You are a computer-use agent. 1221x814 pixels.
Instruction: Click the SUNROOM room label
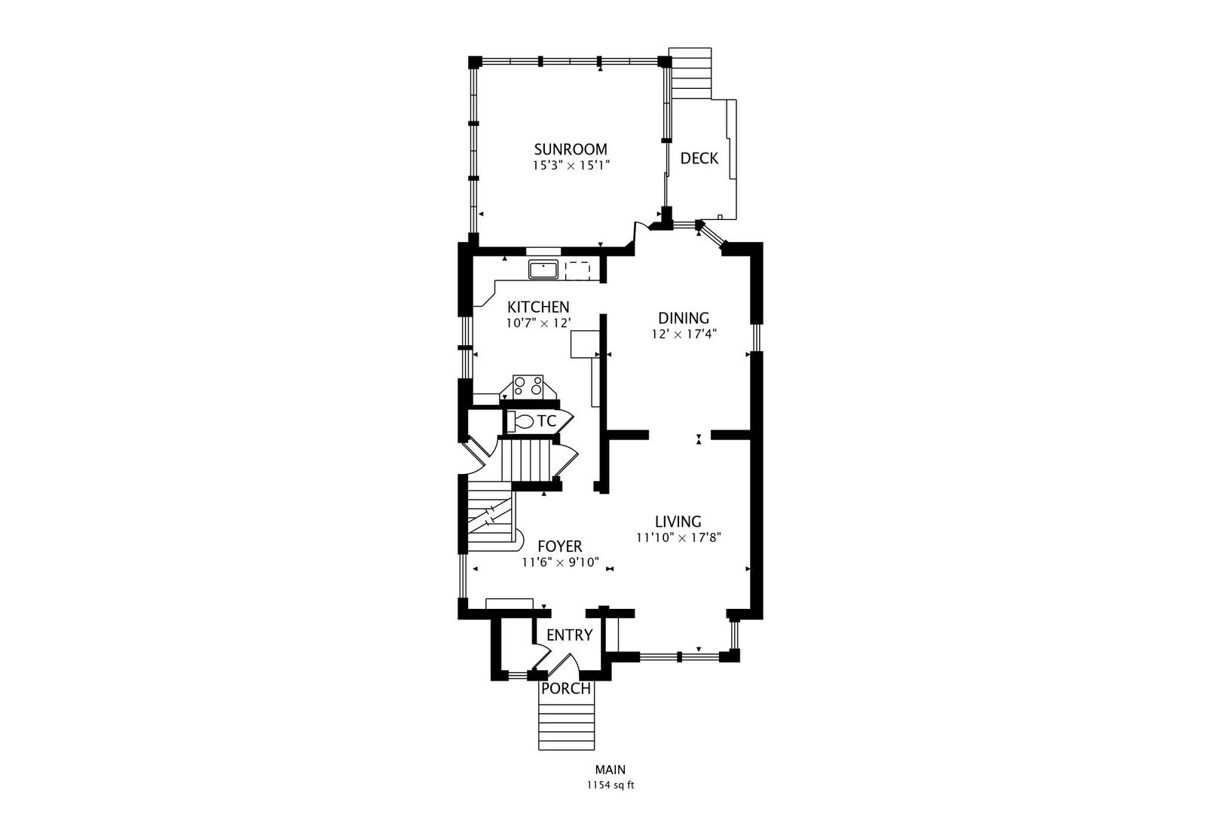pyautogui.click(x=570, y=149)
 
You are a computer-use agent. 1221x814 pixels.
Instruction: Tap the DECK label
pyautogui.click(x=699, y=159)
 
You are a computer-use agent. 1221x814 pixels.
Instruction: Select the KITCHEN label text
pyautogui.click(x=539, y=307)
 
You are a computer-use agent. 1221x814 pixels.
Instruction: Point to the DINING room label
pyautogui.click(x=684, y=318)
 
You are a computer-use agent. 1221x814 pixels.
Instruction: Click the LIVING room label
pyautogui.click(x=678, y=522)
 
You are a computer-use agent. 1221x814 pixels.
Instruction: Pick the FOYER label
pyautogui.click(x=560, y=546)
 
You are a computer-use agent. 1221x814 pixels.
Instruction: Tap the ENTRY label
pyautogui.click(x=570, y=635)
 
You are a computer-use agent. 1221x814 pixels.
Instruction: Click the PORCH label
pyautogui.click(x=566, y=689)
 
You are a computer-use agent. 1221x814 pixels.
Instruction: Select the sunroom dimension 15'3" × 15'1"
pyautogui.click(x=571, y=165)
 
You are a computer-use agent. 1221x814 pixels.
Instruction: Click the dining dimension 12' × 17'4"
pyautogui.click(x=684, y=334)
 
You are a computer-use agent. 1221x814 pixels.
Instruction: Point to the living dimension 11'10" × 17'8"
pyautogui.click(x=678, y=537)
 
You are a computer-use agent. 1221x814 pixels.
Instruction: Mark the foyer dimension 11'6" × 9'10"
pyautogui.click(x=561, y=562)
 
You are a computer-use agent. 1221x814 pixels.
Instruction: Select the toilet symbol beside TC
pyautogui.click(x=521, y=421)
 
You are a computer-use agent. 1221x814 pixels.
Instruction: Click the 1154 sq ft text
pyautogui.click(x=610, y=785)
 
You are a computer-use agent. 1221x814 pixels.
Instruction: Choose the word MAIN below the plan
pyautogui.click(x=610, y=770)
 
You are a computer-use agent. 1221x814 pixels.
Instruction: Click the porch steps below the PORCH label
pyautogui.click(x=566, y=724)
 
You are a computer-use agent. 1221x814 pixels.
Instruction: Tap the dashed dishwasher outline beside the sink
pyautogui.click(x=578, y=271)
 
